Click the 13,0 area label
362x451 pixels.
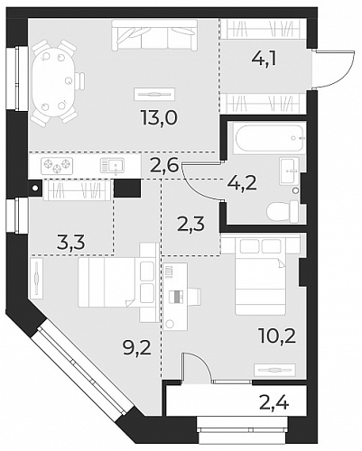(159, 117)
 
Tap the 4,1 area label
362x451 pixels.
(264, 60)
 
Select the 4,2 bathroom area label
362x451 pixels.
(243, 184)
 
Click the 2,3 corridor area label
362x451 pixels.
(191, 224)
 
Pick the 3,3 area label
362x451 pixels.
(71, 243)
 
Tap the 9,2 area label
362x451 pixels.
(137, 348)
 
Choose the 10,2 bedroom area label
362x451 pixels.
(277, 336)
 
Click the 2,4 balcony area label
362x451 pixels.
(274, 403)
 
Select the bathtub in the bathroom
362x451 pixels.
(270, 138)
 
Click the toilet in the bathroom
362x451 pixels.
(283, 212)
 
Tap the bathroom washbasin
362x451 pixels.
(289, 170)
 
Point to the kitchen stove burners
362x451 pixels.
(57, 166)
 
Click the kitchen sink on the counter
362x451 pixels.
(112, 166)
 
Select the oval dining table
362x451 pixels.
(53, 82)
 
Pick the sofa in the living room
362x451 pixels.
(154, 34)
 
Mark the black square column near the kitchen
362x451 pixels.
(127, 189)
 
